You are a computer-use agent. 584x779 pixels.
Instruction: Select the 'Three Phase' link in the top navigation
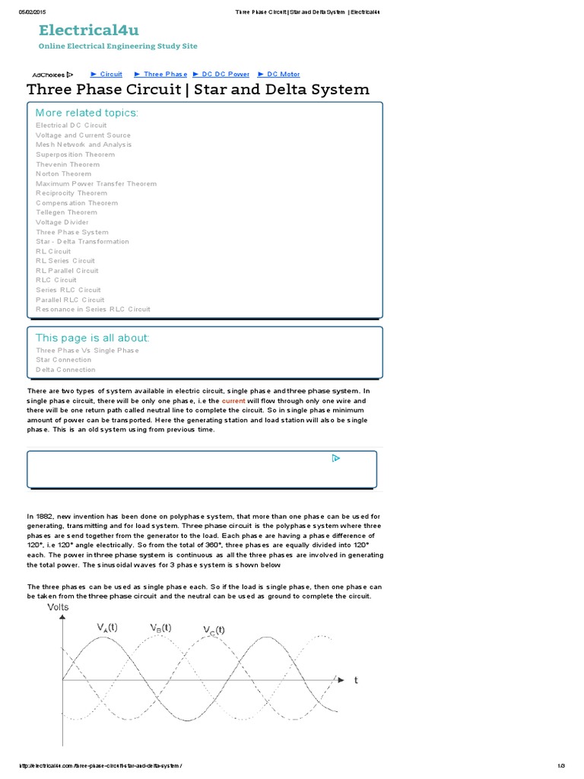click(x=165, y=75)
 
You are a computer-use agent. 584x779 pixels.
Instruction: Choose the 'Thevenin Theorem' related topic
click(x=68, y=164)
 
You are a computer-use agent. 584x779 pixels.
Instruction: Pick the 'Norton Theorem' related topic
click(x=63, y=174)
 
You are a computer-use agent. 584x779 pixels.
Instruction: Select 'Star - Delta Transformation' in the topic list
click(x=82, y=242)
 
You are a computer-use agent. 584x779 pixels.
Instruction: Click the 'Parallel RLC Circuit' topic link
click(x=70, y=300)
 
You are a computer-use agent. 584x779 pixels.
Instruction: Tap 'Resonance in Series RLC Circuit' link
click(x=93, y=310)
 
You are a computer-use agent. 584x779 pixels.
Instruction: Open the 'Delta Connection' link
click(x=65, y=370)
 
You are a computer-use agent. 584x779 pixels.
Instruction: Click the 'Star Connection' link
click(x=63, y=360)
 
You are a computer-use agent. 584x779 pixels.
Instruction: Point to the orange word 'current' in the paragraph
click(x=233, y=400)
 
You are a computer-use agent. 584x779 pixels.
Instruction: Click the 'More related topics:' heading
click(x=87, y=113)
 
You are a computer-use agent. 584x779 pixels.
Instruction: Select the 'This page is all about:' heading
click(x=93, y=338)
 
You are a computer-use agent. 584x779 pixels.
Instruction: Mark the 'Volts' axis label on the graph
click(x=58, y=608)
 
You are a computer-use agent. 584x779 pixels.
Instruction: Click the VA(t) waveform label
click(x=106, y=627)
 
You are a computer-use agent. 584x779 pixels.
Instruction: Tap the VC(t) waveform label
click(x=214, y=630)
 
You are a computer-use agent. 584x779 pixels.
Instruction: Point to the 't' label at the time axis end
click(x=356, y=680)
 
